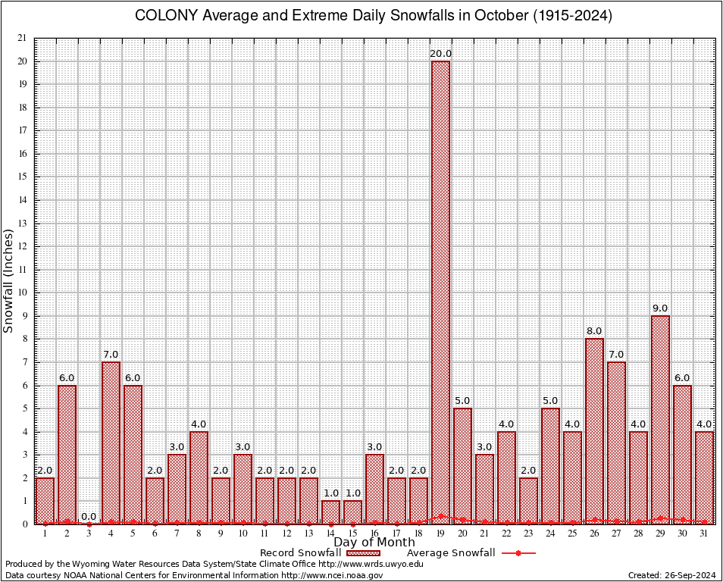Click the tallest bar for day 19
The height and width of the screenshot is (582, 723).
[x=440, y=292]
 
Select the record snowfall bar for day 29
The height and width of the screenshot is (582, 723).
[x=660, y=419]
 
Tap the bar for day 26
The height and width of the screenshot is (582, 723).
[x=594, y=430]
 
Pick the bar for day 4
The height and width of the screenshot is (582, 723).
[x=111, y=443]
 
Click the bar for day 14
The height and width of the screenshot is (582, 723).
[x=330, y=512]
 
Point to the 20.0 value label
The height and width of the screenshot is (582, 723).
[x=440, y=54]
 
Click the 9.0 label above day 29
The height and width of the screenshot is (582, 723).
[x=660, y=308]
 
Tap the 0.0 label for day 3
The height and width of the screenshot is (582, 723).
[x=89, y=517]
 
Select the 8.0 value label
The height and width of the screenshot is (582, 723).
[x=594, y=331]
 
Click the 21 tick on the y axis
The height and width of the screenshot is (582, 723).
[x=21, y=38]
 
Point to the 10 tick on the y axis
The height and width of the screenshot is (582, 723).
[x=21, y=293]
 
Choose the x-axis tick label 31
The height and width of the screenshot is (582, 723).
[x=704, y=533]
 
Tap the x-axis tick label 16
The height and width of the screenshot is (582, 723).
[x=374, y=533]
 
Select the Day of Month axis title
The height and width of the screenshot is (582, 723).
[x=374, y=543]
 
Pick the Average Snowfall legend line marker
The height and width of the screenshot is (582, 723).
[x=518, y=553]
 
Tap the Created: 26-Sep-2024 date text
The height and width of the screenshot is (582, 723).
[x=672, y=576]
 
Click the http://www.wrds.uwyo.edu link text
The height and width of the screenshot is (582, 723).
[x=371, y=564]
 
